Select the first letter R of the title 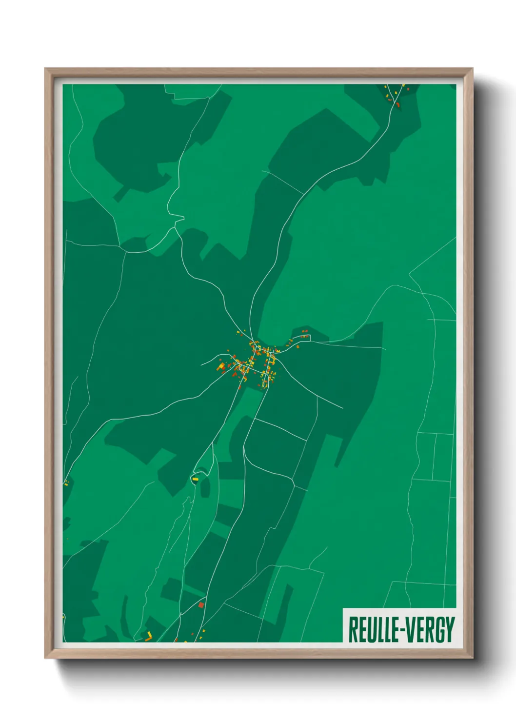tap(352, 630)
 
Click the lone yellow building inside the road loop tap(196, 480)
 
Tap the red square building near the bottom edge tap(200, 605)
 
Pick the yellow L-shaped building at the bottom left tap(149, 635)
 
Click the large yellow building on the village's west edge tap(220, 365)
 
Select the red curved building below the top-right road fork tap(398, 104)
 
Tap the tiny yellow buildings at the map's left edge tap(65, 483)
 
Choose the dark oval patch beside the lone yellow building tap(205, 487)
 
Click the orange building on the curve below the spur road tap(297, 347)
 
